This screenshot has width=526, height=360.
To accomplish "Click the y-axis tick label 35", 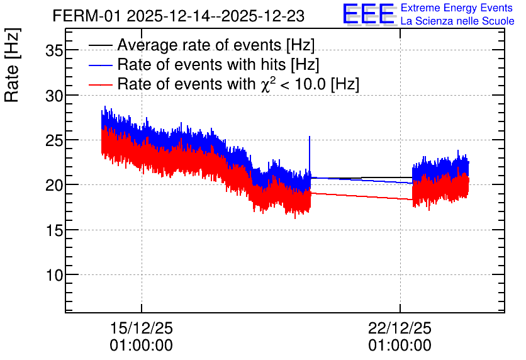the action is [54, 52].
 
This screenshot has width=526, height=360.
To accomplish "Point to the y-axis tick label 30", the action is [54, 96].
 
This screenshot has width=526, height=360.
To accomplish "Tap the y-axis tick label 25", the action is [54, 141].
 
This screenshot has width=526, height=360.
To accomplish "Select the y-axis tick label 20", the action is [54, 186].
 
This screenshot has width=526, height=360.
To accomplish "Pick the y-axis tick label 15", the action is [54, 230].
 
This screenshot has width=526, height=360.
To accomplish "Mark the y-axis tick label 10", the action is [54, 276].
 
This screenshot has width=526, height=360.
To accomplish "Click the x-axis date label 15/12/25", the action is [141, 328].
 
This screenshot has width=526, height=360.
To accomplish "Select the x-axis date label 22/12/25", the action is [400, 328].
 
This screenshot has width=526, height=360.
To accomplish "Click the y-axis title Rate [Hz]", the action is [12, 65].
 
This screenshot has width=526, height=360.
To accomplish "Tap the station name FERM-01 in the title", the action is [86, 16].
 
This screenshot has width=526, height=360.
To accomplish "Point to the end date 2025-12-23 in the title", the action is [263, 16].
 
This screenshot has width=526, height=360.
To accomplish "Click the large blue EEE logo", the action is [369, 14].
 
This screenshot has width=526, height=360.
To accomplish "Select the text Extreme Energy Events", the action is [457, 8].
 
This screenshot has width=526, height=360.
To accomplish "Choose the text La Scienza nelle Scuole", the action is [457, 21].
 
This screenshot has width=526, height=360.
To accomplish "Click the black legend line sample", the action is [100, 45].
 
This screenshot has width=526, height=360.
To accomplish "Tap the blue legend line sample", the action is [100, 65].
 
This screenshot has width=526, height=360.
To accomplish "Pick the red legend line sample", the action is [100, 84].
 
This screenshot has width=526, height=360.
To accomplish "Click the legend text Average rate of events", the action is [199, 45].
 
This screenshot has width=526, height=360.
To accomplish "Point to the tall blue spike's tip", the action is [310, 136].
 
